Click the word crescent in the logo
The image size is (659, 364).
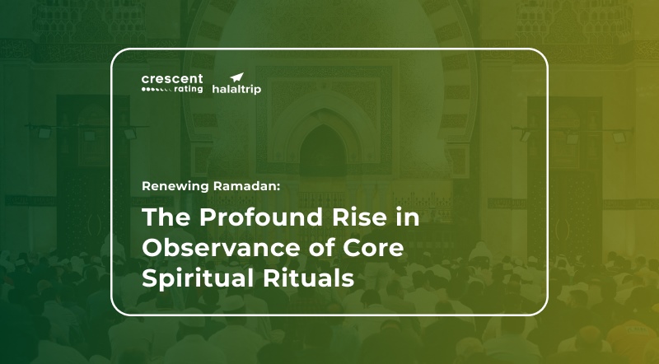click(x=172, y=79)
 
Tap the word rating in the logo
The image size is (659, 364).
click(x=189, y=89)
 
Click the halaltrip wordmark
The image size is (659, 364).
click(x=236, y=89)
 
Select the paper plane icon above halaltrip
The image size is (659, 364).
click(x=236, y=77)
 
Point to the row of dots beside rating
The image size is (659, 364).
click(x=157, y=90)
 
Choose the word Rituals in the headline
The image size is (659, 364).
click(x=308, y=278)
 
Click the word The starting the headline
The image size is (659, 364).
click(x=167, y=217)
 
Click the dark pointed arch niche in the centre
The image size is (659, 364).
click(x=323, y=151)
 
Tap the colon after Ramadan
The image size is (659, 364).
click(x=278, y=188)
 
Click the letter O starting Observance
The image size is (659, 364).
click(x=153, y=248)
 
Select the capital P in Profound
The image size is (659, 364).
click(x=208, y=217)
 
